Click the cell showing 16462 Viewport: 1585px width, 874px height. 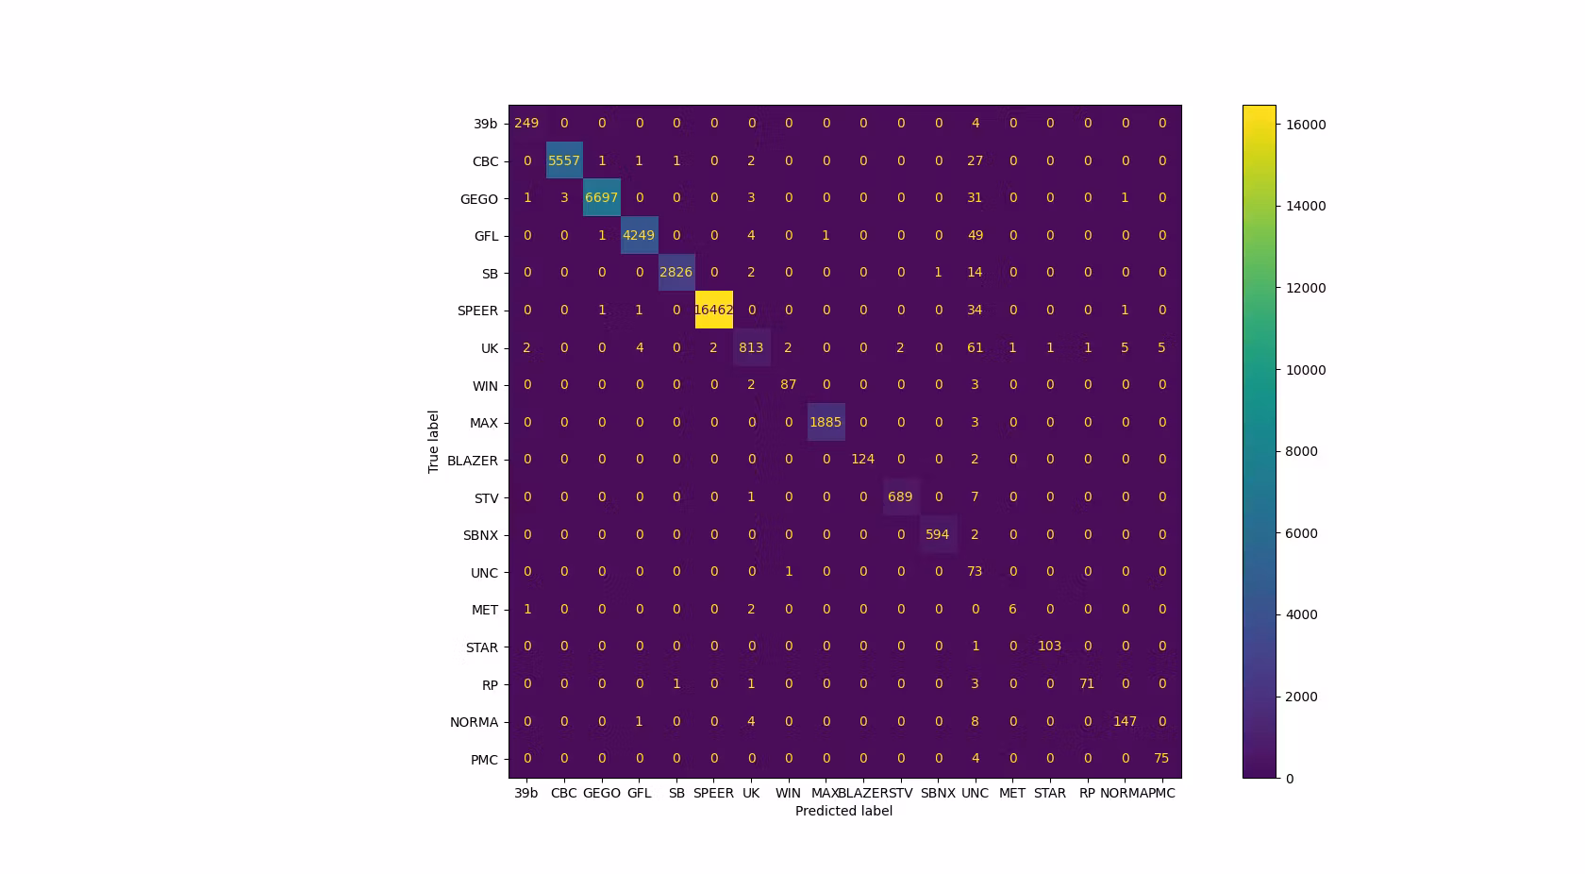[713, 311]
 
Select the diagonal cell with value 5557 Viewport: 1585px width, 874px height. [564, 160]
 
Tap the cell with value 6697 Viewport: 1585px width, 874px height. [601, 198]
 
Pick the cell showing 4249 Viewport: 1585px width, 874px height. [639, 235]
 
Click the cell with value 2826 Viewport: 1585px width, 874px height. [676, 273]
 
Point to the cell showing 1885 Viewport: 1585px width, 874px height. [826, 422]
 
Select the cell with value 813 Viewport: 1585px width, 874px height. [751, 347]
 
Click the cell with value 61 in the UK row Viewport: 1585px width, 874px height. [975, 347]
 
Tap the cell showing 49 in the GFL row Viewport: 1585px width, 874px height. [975, 235]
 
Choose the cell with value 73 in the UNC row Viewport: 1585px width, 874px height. [975, 572]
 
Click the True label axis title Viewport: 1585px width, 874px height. [434, 442]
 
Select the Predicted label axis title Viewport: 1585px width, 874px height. [843, 811]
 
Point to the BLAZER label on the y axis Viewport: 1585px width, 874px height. [473, 461]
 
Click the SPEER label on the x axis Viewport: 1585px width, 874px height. [713, 793]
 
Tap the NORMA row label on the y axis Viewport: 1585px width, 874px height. [474, 722]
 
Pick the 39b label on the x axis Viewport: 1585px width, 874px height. [526, 793]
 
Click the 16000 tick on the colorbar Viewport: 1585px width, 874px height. [1306, 125]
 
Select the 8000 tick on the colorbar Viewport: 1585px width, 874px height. [1302, 451]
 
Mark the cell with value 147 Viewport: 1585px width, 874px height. [1125, 721]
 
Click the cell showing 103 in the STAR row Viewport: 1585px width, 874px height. [1049, 647]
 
